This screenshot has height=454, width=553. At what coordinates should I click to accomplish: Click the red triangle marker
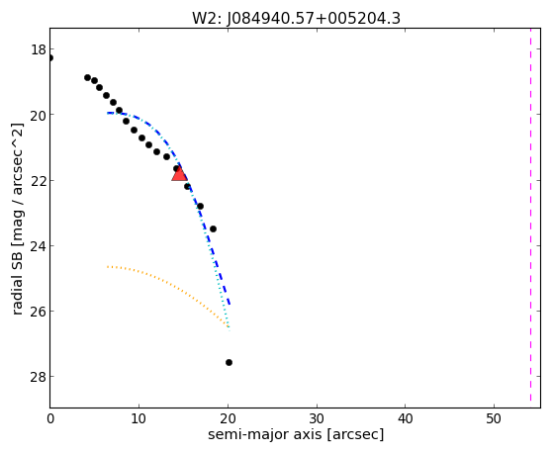pos(179,173)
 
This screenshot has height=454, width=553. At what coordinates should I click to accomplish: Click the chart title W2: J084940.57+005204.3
pos(296,19)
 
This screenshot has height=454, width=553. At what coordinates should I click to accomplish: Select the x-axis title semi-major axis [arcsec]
pos(296,434)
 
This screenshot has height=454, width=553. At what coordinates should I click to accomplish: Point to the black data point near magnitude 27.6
pos(229,362)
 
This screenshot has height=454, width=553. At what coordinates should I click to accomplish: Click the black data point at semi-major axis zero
pos(50,57)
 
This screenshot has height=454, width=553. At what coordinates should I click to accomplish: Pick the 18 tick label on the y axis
pos(39,49)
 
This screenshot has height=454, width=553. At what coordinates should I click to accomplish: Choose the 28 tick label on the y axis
pos(39,377)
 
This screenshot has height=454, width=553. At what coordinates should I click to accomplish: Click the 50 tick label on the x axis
pos(494,418)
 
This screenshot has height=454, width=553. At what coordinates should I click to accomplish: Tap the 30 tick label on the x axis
pos(317,418)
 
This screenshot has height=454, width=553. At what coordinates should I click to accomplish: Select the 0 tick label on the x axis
pos(50,418)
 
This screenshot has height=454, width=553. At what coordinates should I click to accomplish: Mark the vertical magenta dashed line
pos(530,216)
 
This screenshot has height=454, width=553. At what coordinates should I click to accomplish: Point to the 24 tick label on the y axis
pos(39,246)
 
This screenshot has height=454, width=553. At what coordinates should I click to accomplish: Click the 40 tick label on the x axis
pos(406,418)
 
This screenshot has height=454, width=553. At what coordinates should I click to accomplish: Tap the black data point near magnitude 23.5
pos(213,228)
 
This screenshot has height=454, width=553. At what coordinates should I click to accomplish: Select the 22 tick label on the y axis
pos(39,181)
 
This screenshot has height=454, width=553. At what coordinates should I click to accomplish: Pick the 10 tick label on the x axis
pos(138,418)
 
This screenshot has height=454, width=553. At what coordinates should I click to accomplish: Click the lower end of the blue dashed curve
pos(230,304)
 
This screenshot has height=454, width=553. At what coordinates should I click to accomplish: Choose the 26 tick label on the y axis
pos(39,312)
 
